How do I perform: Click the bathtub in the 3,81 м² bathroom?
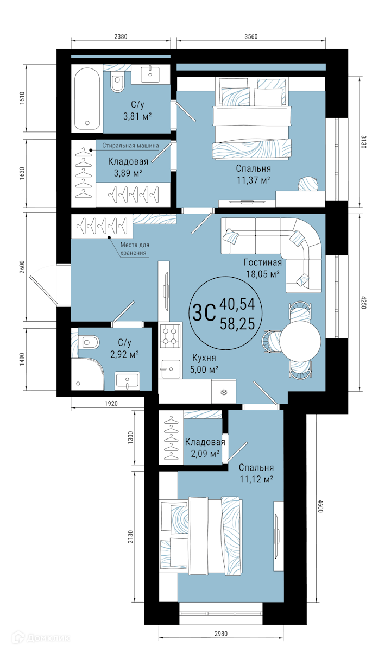tap(87, 99)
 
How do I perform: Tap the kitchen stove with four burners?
tap(170, 336)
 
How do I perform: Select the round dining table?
tap(300, 341)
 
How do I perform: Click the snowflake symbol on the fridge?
tap(224, 393)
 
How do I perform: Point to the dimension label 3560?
tap(251, 36)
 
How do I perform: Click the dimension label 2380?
tap(121, 36)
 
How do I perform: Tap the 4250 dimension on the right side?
tap(364, 303)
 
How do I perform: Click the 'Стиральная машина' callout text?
tap(130, 145)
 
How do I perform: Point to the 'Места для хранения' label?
tap(135, 249)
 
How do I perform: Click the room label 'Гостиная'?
tap(263, 262)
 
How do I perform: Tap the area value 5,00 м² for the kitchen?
tap(204, 369)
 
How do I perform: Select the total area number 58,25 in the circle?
tap(237, 324)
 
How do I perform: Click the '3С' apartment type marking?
tap(204, 312)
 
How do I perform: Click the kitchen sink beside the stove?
tap(170, 369)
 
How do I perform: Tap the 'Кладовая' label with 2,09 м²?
tap(205, 442)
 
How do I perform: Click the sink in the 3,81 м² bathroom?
tap(150, 74)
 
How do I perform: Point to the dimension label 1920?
tap(111, 403)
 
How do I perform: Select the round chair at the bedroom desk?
tap(308, 184)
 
